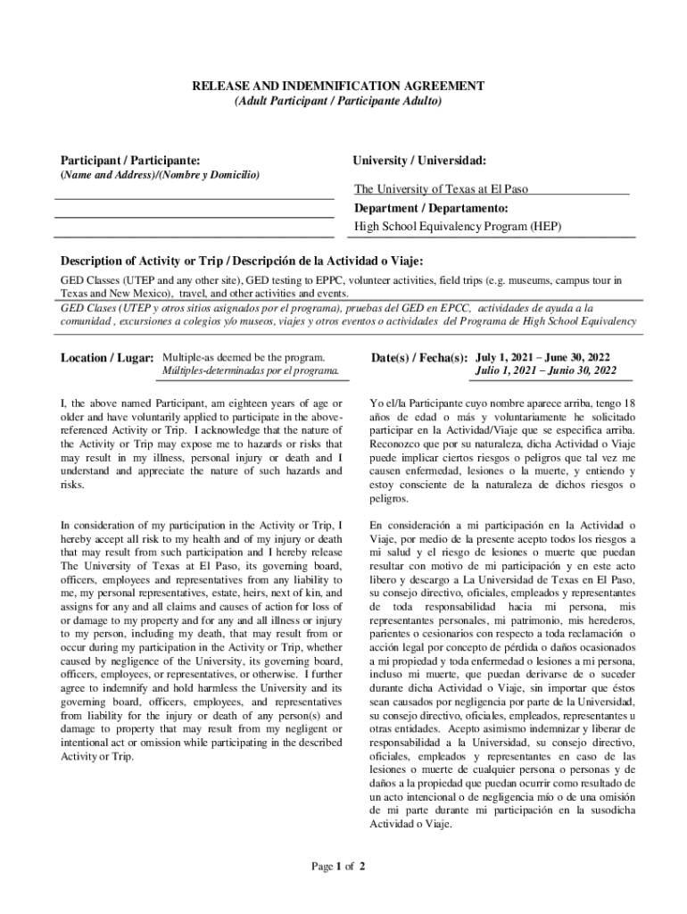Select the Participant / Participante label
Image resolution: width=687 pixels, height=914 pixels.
click(129, 160)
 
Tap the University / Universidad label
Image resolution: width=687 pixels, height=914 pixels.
click(419, 160)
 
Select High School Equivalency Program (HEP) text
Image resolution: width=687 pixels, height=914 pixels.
click(458, 227)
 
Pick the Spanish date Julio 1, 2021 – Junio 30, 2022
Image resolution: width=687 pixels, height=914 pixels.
click(546, 370)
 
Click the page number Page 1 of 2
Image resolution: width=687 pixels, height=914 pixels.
click(338, 866)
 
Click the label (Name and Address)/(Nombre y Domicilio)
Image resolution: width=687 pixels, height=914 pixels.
click(160, 175)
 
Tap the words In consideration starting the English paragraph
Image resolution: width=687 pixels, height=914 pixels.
click(96, 525)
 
